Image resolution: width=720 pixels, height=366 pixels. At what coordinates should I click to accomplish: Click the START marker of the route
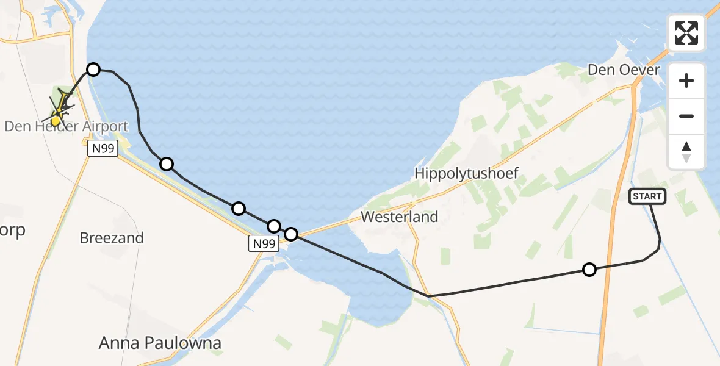click(647, 196)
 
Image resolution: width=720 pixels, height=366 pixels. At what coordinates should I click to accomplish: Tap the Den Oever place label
click(624, 70)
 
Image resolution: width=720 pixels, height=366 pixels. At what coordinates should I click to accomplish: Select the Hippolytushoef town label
click(467, 173)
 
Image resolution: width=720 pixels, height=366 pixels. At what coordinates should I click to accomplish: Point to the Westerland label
click(400, 217)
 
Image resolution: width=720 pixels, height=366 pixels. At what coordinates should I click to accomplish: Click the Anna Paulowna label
click(160, 343)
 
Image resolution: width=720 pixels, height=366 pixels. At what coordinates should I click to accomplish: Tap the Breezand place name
click(112, 238)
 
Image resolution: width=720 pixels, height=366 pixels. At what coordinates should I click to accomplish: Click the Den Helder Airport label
click(67, 127)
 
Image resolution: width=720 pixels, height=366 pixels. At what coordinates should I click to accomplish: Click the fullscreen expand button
click(686, 33)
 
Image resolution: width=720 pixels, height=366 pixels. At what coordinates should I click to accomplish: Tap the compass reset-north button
click(686, 151)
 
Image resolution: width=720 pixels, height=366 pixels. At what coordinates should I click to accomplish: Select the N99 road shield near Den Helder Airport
click(101, 148)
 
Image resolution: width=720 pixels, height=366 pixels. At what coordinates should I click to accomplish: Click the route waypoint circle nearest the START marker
click(589, 269)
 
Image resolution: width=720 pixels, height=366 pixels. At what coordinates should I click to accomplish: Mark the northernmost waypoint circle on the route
click(93, 70)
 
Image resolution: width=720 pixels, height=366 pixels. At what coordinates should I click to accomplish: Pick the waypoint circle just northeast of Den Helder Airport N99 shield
click(166, 163)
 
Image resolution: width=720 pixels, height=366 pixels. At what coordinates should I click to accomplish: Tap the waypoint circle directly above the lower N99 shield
click(274, 226)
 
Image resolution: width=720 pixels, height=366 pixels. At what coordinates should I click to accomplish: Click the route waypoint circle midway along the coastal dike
click(239, 209)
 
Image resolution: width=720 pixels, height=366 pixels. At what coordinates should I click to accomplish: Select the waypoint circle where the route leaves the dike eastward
click(291, 234)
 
